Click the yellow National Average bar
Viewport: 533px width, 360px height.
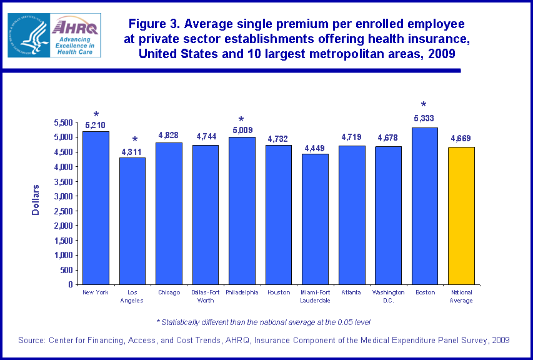click(x=461, y=216)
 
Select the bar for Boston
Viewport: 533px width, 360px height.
click(x=425, y=206)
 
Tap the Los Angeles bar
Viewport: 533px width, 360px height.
click(x=132, y=221)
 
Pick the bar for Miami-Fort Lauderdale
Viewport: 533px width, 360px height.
click(x=315, y=219)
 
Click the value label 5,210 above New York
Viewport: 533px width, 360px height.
click(x=96, y=125)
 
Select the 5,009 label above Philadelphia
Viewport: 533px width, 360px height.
click(x=241, y=131)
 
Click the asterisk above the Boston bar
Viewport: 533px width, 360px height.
click(x=424, y=106)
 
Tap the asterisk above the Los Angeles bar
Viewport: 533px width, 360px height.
click(x=134, y=140)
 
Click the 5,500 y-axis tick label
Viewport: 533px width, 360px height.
click(x=62, y=122)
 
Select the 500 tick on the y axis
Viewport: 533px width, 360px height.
click(x=67, y=270)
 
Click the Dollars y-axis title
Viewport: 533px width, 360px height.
click(x=36, y=200)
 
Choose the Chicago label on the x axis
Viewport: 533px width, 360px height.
click(x=169, y=292)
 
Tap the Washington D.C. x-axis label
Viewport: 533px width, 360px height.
click(x=388, y=296)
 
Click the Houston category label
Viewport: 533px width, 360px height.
click(x=278, y=292)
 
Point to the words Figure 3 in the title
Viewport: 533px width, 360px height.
click(x=156, y=24)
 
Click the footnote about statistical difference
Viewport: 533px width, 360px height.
click(x=263, y=322)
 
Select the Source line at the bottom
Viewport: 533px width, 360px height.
click(x=264, y=340)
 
